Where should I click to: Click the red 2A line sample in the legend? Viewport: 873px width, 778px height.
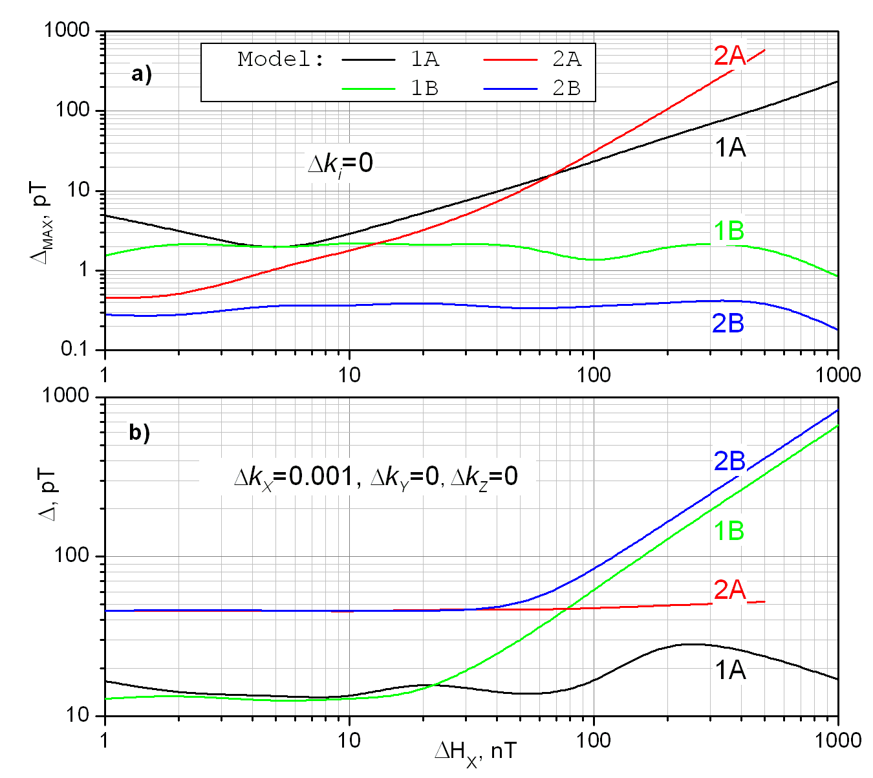pos(510,59)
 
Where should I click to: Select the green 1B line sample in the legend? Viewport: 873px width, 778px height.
pos(369,88)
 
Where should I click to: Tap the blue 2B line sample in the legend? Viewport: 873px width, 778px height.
pos(510,88)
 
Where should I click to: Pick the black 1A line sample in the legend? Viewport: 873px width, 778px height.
pos(369,59)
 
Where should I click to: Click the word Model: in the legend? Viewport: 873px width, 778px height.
pos(281,59)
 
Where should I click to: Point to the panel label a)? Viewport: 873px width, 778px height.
pos(141,74)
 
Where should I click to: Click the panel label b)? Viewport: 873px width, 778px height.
pos(140,431)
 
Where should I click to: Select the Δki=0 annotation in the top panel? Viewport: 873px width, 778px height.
pos(340,164)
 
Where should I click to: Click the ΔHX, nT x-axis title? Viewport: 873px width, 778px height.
pos(475,752)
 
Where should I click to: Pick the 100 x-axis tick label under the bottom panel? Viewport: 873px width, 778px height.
pos(594,739)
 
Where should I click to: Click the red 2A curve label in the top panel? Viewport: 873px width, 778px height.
pos(729,56)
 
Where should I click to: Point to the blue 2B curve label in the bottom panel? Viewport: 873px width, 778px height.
pos(729,461)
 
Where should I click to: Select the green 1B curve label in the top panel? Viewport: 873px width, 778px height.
pos(729,231)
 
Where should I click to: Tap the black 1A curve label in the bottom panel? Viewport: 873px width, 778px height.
pos(730,671)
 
